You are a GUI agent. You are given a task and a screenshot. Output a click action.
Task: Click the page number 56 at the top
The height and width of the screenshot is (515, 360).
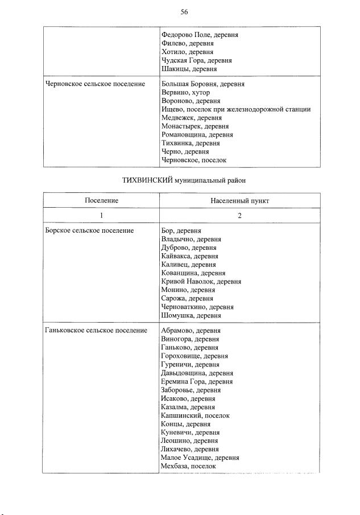[184, 12]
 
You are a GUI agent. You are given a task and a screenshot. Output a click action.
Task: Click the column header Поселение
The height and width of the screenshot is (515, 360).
[101, 201]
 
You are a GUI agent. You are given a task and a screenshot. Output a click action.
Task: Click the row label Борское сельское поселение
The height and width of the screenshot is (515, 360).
[89, 230]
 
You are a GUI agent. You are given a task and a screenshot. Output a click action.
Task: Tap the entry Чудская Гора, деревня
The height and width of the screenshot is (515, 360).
[196, 60]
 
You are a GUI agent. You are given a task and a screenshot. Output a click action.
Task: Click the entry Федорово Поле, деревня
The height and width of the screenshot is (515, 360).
[199, 35]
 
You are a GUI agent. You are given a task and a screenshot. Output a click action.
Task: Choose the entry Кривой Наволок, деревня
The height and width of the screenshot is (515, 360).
[201, 281]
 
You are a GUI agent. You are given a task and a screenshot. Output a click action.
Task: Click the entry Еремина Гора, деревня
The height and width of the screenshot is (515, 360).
[196, 381]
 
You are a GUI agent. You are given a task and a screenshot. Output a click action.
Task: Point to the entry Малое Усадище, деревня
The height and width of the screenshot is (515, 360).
[200, 458]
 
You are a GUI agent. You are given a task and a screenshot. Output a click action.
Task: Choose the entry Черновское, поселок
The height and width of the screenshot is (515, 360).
[193, 160]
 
